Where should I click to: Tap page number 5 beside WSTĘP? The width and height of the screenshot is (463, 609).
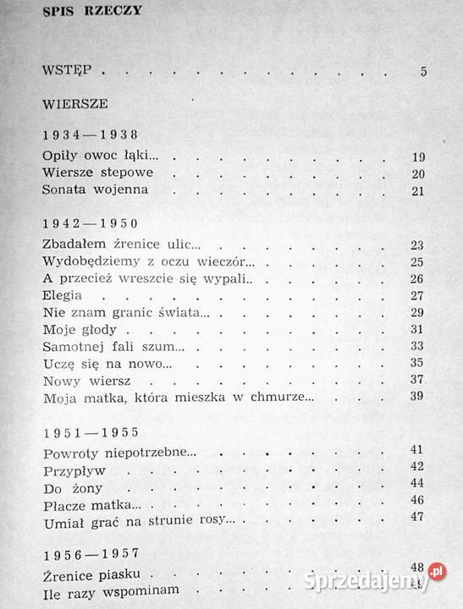tap(422, 71)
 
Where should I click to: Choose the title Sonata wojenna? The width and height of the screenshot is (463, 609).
tap(95, 189)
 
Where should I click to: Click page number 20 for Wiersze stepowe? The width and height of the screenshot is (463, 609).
tap(417, 173)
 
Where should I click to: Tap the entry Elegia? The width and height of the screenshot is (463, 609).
tap(62, 296)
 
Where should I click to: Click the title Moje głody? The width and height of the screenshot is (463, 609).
tap(73, 329)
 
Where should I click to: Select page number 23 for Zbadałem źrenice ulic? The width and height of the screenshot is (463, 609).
tap(417, 245)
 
